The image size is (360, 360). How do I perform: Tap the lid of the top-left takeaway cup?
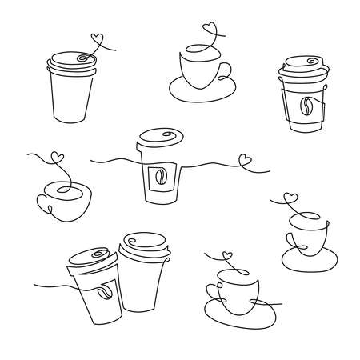point(73,62)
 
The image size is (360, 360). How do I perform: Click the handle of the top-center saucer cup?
point(224,69)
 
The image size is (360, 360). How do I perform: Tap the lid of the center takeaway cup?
point(159,138)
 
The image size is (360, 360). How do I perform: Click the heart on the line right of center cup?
point(246,159)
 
